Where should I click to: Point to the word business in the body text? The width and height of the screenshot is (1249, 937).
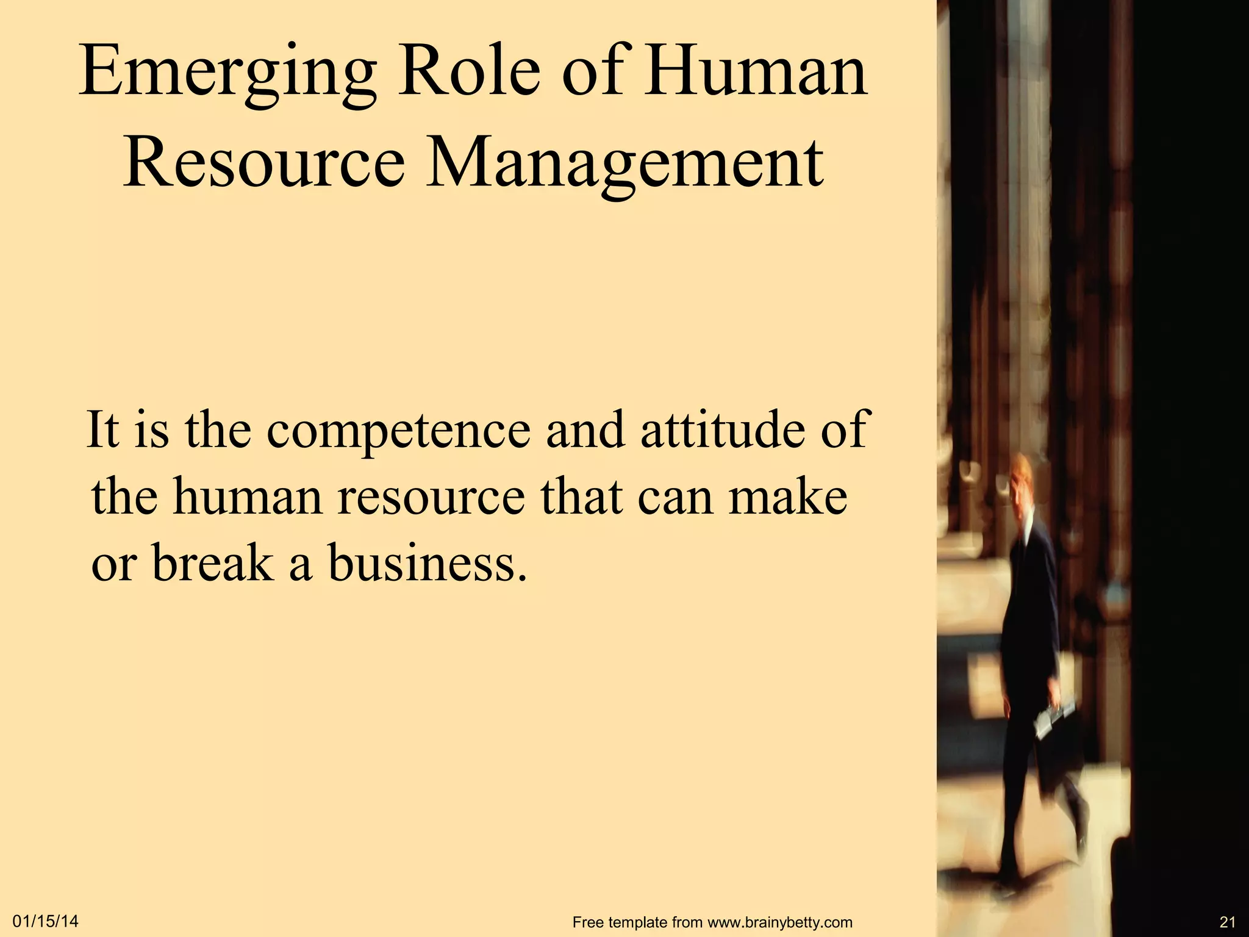tap(426, 562)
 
